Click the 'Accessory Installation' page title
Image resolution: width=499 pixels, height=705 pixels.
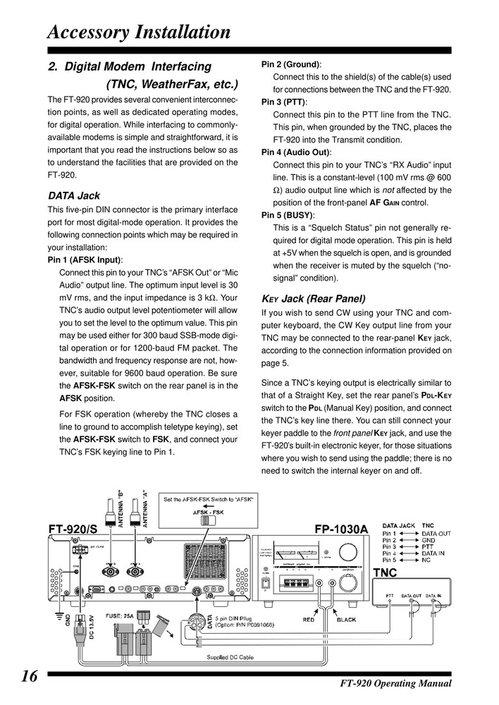(138, 32)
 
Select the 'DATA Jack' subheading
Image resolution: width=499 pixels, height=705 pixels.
(74, 195)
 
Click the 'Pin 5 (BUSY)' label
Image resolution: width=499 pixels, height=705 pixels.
(288, 216)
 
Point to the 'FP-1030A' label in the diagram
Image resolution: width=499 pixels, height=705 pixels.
(341, 528)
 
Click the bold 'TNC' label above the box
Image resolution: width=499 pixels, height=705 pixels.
(387, 572)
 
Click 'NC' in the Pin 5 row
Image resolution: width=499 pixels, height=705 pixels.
(426, 561)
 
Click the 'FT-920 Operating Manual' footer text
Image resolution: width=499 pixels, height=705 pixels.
(395, 684)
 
